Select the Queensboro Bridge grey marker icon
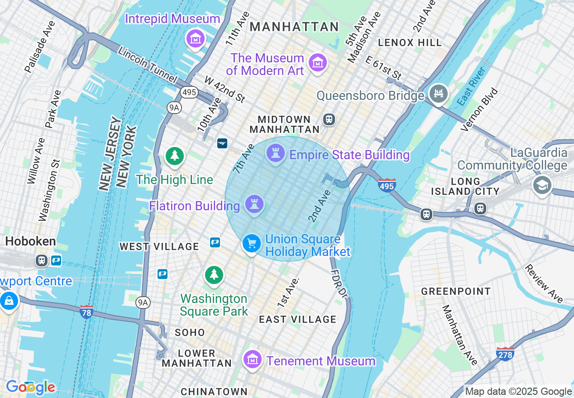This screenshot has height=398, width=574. tap(438, 94)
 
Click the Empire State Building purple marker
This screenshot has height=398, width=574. tap(275, 153)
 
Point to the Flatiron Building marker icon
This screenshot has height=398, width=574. tap(254, 204)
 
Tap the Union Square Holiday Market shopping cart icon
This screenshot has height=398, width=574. tap(252, 243)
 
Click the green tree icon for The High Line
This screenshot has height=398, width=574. tap(174, 156)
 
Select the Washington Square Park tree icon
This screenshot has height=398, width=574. tap(214, 275)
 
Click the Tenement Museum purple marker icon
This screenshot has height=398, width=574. tap(253, 360)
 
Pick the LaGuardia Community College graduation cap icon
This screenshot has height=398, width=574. tap(542, 185)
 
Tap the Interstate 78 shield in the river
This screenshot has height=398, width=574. tap(86, 312)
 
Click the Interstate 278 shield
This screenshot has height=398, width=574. tap(505, 353)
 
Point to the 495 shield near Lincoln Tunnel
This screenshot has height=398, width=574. tap(189, 92)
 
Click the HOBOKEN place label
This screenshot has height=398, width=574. tap(30, 242)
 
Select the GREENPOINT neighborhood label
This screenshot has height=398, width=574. tap(456, 291)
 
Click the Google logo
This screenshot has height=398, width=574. tap(30, 387)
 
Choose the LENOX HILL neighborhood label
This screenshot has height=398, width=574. tap(410, 43)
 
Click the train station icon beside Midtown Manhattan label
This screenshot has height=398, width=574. tap(329, 119)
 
